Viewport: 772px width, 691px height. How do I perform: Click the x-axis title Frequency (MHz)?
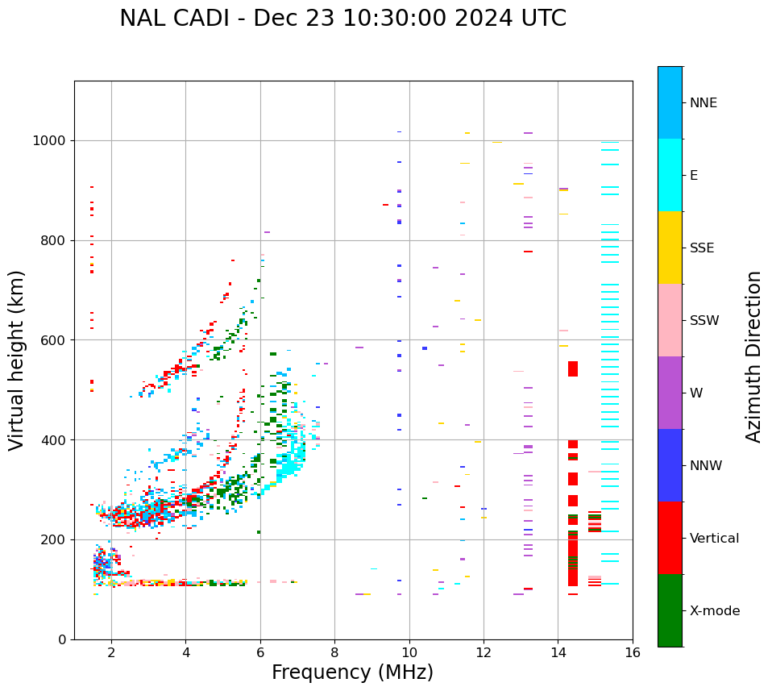coord(352,672)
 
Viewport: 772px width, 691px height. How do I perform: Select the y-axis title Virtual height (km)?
coord(18,360)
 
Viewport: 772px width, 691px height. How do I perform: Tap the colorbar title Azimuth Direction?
coord(753,356)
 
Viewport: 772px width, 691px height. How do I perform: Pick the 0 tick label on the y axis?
coord(61,639)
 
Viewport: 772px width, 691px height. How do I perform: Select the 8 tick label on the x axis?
coord(334,652)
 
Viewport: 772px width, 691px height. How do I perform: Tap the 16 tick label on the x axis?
coord(633,652)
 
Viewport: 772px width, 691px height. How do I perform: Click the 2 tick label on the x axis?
coord(111,652)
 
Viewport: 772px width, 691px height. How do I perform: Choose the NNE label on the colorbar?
coord(703,103)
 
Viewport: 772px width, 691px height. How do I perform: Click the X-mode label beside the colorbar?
coord(714,611)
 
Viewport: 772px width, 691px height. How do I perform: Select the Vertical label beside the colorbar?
coord(714,539)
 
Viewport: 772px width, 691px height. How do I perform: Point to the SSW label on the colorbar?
coord(704,321)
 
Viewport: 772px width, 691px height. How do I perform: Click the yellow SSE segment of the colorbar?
coord(670,248)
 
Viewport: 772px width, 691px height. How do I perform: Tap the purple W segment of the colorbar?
coord(670,393)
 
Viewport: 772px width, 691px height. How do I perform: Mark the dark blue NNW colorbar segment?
coord(670,465)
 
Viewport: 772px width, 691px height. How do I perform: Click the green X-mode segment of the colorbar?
coord(670,610)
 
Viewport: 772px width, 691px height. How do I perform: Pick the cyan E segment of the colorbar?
coord(670,175)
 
